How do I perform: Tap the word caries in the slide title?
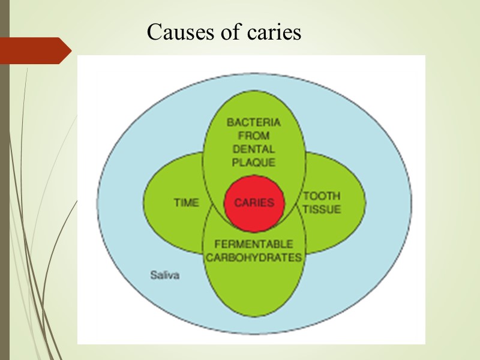coord(274,32)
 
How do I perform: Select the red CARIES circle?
coord(254,202)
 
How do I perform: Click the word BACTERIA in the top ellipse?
coord(254,122)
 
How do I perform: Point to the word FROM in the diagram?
coord(254,136)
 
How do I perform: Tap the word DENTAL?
coord(254,149)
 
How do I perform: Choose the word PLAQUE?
coord(254,162)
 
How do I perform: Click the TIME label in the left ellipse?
coord(186,203)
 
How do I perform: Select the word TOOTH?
coord(322,196)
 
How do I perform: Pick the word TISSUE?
coord(322,209)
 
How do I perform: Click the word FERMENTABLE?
coord(254,244)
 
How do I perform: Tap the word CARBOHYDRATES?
coord(254,257)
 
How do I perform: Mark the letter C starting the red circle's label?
coord(238,203)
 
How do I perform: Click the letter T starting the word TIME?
coord(176,203)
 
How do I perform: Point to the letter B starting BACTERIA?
coord(230,122)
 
